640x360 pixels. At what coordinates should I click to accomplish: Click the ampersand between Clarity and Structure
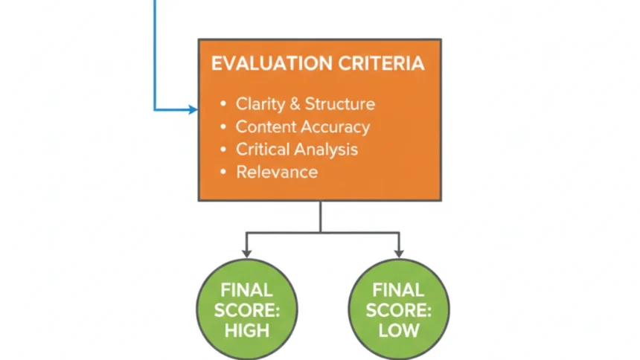[293, 104]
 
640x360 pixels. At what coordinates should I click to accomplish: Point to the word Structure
[340, 104]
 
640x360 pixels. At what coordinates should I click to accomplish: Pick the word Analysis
[325, 150]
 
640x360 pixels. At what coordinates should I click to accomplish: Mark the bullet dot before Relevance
[223, 173]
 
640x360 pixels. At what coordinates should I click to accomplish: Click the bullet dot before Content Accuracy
[223, 127]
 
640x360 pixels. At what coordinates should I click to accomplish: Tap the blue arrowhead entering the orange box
[193, 110]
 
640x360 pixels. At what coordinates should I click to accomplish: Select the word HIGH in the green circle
[246, 330]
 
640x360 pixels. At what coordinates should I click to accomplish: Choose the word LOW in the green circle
[399, 330]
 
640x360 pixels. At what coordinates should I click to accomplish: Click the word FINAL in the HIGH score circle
[246, 290]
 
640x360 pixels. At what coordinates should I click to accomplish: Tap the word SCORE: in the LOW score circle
[399, 309]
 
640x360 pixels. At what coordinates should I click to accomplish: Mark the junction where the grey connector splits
[321, 234]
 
